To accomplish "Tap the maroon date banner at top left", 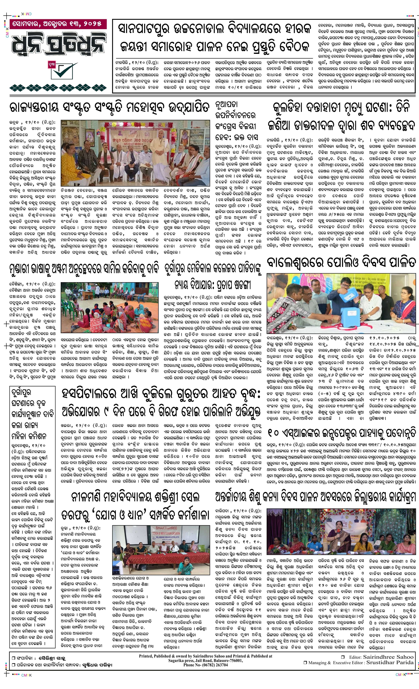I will pos(55,24).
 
